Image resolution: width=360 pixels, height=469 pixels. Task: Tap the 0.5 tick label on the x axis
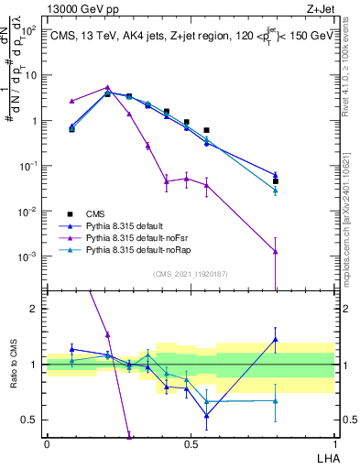pyautogui.click(x=191, y=444)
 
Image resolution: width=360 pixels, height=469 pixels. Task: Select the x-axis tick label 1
pyautogui.click(x=333, y=444)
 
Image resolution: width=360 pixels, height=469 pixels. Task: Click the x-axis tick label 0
pyautogui.click(x=47, y=444)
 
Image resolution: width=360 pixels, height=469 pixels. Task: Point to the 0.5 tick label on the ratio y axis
pyautogui.click(x=32, y=420)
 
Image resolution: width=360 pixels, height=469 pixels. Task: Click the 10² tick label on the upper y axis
pyautogui.click(x=30, y=30)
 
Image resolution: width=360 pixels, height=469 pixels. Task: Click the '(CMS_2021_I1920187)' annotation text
pyautogui.click(x=190, y=273)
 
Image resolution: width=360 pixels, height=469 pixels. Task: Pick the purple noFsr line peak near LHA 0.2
pyautogui.click(x=107, y=88)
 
